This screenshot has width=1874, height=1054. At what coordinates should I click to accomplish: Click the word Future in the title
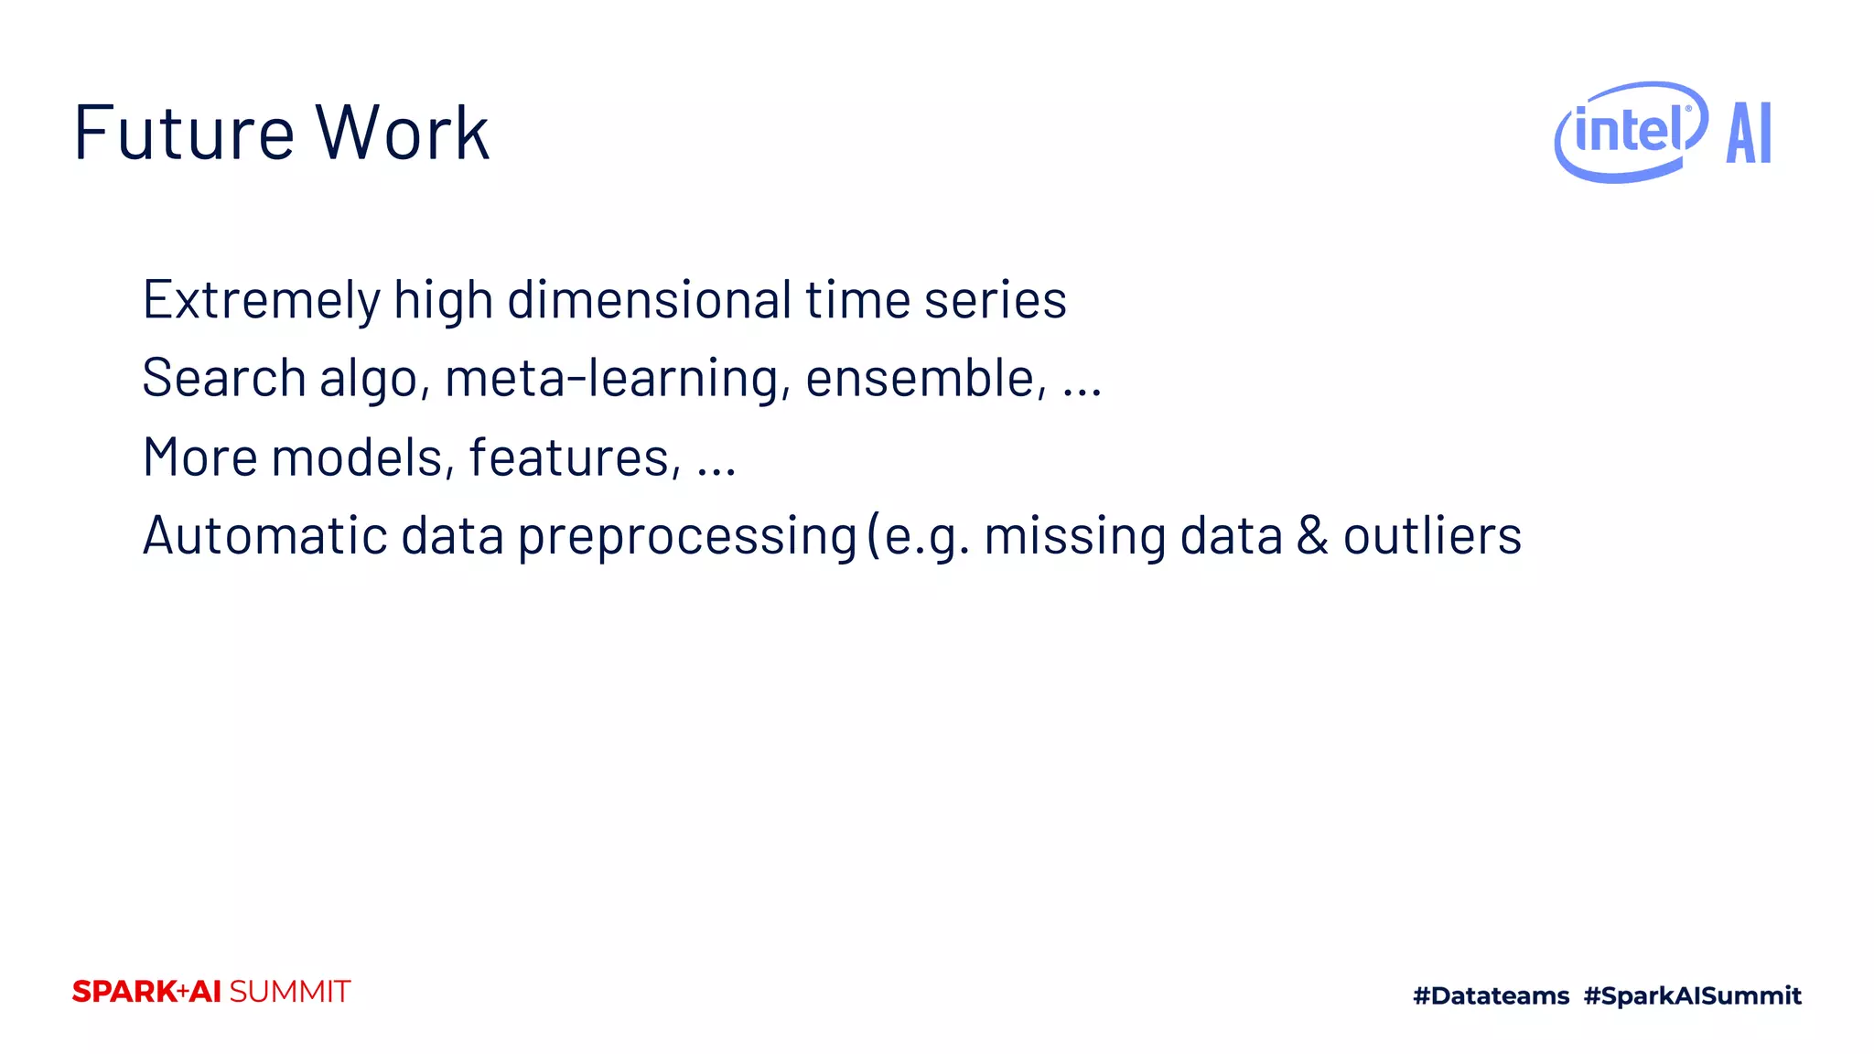183,134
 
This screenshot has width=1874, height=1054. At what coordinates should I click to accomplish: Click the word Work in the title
403,134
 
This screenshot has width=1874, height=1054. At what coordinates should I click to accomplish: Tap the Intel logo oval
1631,132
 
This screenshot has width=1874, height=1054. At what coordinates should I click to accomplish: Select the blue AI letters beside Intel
1749,134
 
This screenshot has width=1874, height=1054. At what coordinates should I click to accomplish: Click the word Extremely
261,300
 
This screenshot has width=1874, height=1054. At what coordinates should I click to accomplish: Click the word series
995,300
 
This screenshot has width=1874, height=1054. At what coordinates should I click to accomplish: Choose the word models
362,457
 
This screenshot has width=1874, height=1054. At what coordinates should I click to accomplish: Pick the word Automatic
264,535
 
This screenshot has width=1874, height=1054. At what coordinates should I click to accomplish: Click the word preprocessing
687,537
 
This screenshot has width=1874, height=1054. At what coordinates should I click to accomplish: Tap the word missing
1074,537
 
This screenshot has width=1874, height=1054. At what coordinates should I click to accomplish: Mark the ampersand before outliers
1311,535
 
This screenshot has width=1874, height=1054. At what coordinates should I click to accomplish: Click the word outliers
1432,535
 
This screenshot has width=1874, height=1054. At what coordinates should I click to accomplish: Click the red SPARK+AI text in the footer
146,992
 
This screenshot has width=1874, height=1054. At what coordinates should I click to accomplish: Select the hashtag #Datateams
1491,995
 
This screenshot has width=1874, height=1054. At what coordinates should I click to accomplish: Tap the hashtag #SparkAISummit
1692,995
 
